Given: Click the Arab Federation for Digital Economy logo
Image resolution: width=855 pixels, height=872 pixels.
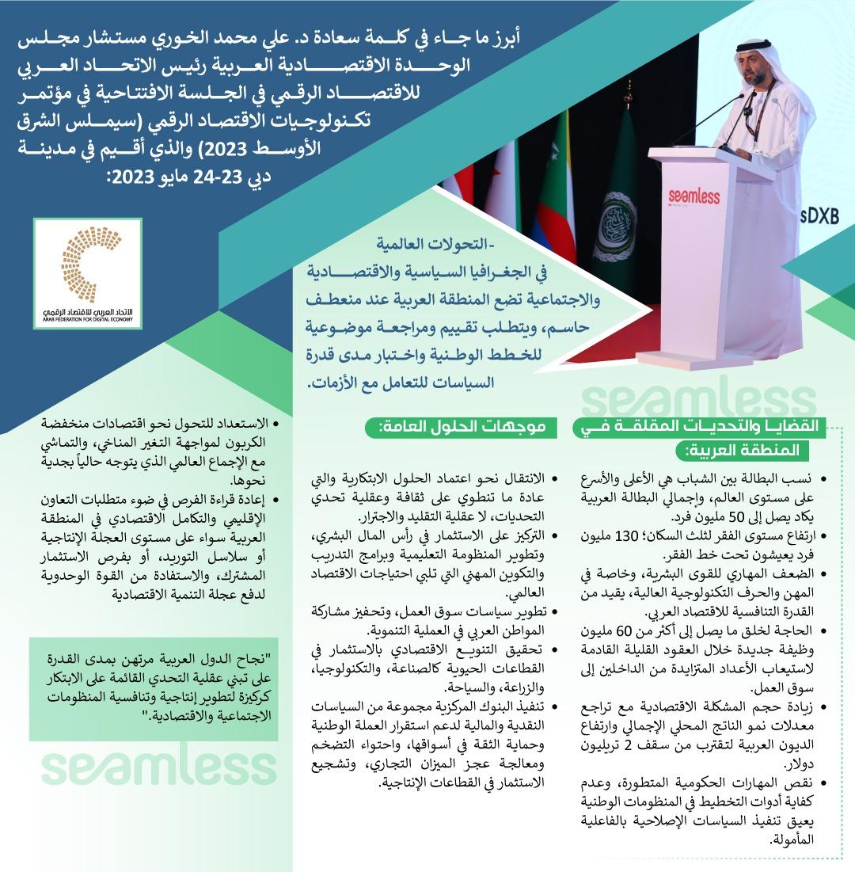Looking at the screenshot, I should pos(90,273).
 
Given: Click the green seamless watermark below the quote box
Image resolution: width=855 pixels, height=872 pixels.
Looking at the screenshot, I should pos(158,767).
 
